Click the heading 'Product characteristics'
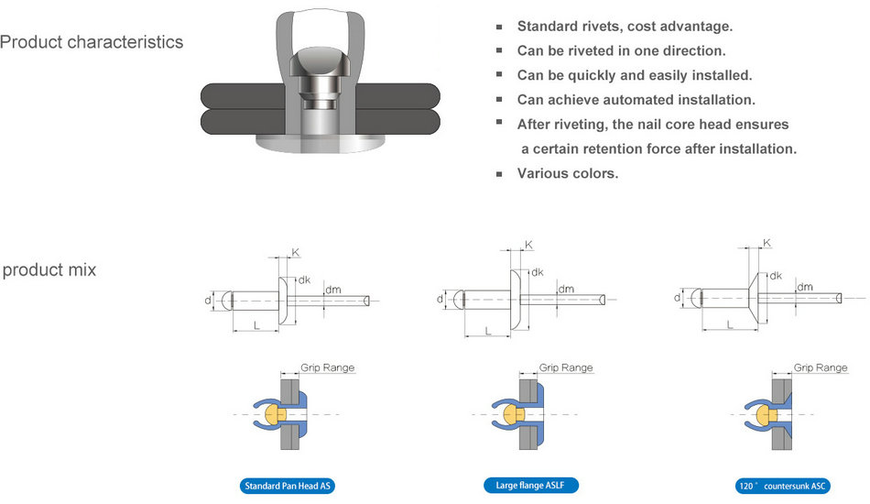(x=92, y=42)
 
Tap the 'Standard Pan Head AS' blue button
(x=288, y=486)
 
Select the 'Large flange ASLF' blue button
(x=531, y=485)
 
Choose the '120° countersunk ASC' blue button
(x=782, y=486)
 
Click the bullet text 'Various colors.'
(x=567, y=172)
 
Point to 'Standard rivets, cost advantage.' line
(x=625, y=26)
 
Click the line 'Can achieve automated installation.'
(x=636, y=99)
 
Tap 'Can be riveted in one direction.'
(x=621, y=50)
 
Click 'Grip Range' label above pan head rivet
(x=328, y=367)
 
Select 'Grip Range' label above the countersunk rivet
(x=821, y=367)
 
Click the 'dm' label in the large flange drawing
(x=566, y=289)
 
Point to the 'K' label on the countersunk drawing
(x=767, y=243)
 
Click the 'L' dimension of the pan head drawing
(x=256, y=326)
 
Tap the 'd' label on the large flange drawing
(x=440, y=298)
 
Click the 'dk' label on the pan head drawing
(x=305, y=279)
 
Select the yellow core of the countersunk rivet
(x=761, y=414)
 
